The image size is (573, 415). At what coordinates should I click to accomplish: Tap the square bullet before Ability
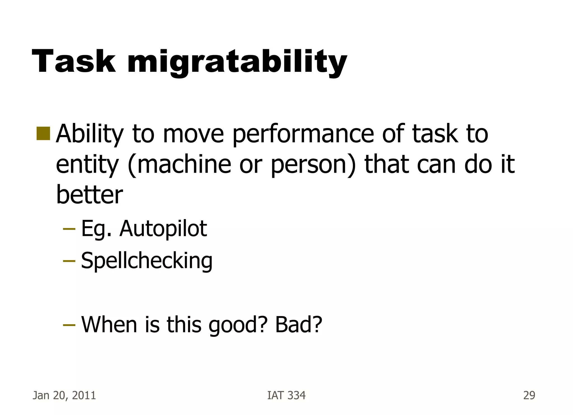(x=43, y=133)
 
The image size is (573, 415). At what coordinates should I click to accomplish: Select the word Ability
(x=90, y=134)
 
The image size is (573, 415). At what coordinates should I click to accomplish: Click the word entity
(x=87, y=165)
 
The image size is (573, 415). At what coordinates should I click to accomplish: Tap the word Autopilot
(x=163, y=229)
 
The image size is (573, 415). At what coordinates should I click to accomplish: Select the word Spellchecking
(x=147, y=260)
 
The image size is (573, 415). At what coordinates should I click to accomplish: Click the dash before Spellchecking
(x=69, y=261)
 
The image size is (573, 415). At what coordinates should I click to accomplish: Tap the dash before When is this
(x=69, y=325)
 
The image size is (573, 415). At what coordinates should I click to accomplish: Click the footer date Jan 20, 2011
(x=64, y=395)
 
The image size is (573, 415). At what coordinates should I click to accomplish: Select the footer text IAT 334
(x=286, y=395)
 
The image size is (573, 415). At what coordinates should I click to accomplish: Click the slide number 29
(x=529, y=395)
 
